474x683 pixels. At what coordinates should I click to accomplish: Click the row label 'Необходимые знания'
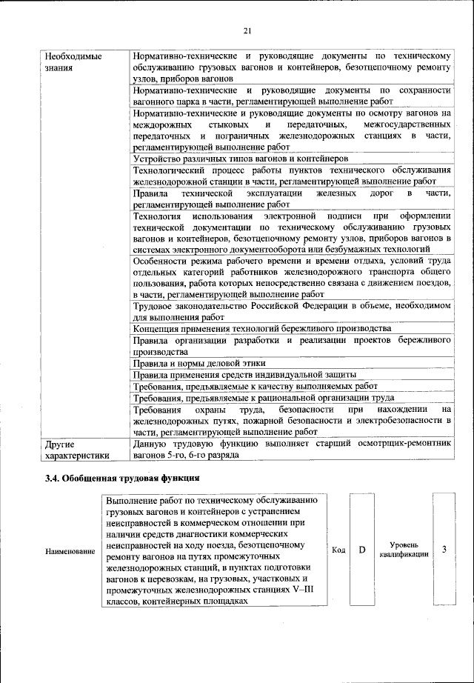[72, 61]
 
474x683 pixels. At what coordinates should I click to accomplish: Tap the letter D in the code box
[363, 550]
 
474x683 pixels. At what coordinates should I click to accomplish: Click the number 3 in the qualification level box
[444, 550]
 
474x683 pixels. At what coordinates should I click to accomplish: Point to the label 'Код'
[339, 550]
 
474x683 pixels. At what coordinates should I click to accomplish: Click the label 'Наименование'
[70, 551]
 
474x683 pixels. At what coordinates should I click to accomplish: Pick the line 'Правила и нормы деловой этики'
[198, 363]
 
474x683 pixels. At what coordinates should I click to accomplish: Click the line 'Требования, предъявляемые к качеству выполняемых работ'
[255, 386]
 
